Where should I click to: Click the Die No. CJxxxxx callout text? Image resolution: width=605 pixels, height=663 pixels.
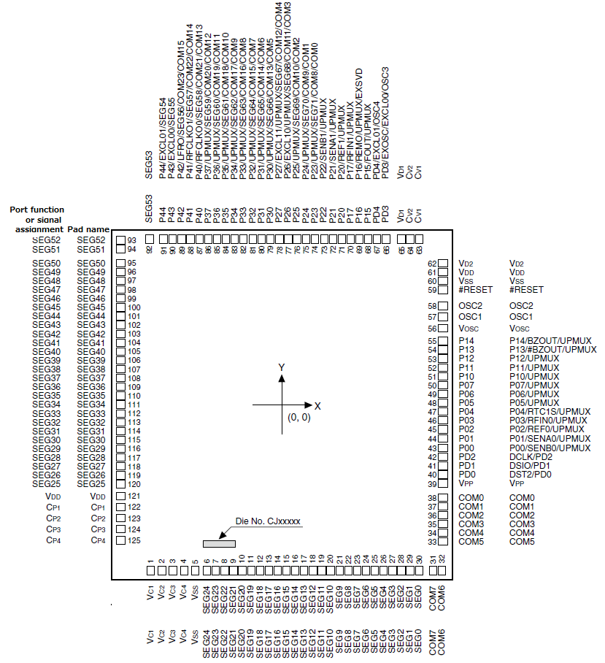(x=268, y=521)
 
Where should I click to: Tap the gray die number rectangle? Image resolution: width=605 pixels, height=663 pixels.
(x=219, y=543)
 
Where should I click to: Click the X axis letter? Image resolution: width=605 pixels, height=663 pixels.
(x=318, y=405)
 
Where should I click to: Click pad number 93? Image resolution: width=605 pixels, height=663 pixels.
(x=133, y=239)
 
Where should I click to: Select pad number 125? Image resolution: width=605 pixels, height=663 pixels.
(x=134, y=540)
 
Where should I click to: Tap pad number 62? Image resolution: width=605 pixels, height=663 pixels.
(x=431, y=263)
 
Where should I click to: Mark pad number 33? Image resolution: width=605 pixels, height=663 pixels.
(x=431, y=542)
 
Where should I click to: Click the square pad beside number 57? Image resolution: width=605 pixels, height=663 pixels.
(x=442, y=317)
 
